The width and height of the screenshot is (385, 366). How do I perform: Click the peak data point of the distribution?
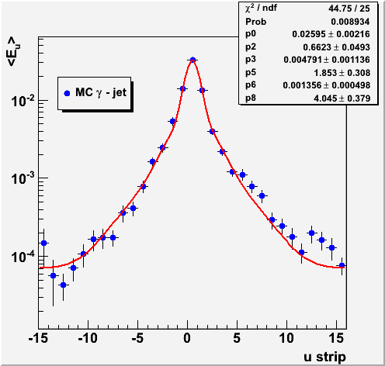point(192,60)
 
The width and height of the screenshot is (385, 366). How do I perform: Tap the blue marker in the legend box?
point(67,93)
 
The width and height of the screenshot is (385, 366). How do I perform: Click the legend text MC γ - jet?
point(101,93)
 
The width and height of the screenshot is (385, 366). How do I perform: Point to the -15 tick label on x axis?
point(38,338)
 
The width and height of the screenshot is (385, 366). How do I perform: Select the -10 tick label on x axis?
point(88,338)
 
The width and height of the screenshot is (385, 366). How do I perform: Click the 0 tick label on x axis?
point(187,338)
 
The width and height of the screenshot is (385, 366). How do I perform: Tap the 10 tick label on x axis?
point(286,338)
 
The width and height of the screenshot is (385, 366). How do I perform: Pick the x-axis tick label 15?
point(336,338)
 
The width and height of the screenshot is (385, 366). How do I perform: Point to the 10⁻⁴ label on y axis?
point(23,257)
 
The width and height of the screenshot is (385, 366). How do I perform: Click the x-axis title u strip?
point(324,357)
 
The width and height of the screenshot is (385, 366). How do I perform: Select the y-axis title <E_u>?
point(14,51)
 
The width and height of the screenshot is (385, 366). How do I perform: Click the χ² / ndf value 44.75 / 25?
point(349,9)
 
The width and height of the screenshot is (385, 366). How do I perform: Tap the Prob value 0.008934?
point(350,22)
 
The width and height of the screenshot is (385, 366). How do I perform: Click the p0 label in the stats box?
point(251,34)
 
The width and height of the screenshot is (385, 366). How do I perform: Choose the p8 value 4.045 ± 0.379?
point(342,98)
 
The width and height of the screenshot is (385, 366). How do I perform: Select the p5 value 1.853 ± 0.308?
point(342,73)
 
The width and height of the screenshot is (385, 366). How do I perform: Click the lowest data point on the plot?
point(63,285)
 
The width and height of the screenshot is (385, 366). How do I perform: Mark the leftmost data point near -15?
point(43,243)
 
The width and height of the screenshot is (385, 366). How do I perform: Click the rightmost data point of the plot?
point(342,265)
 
